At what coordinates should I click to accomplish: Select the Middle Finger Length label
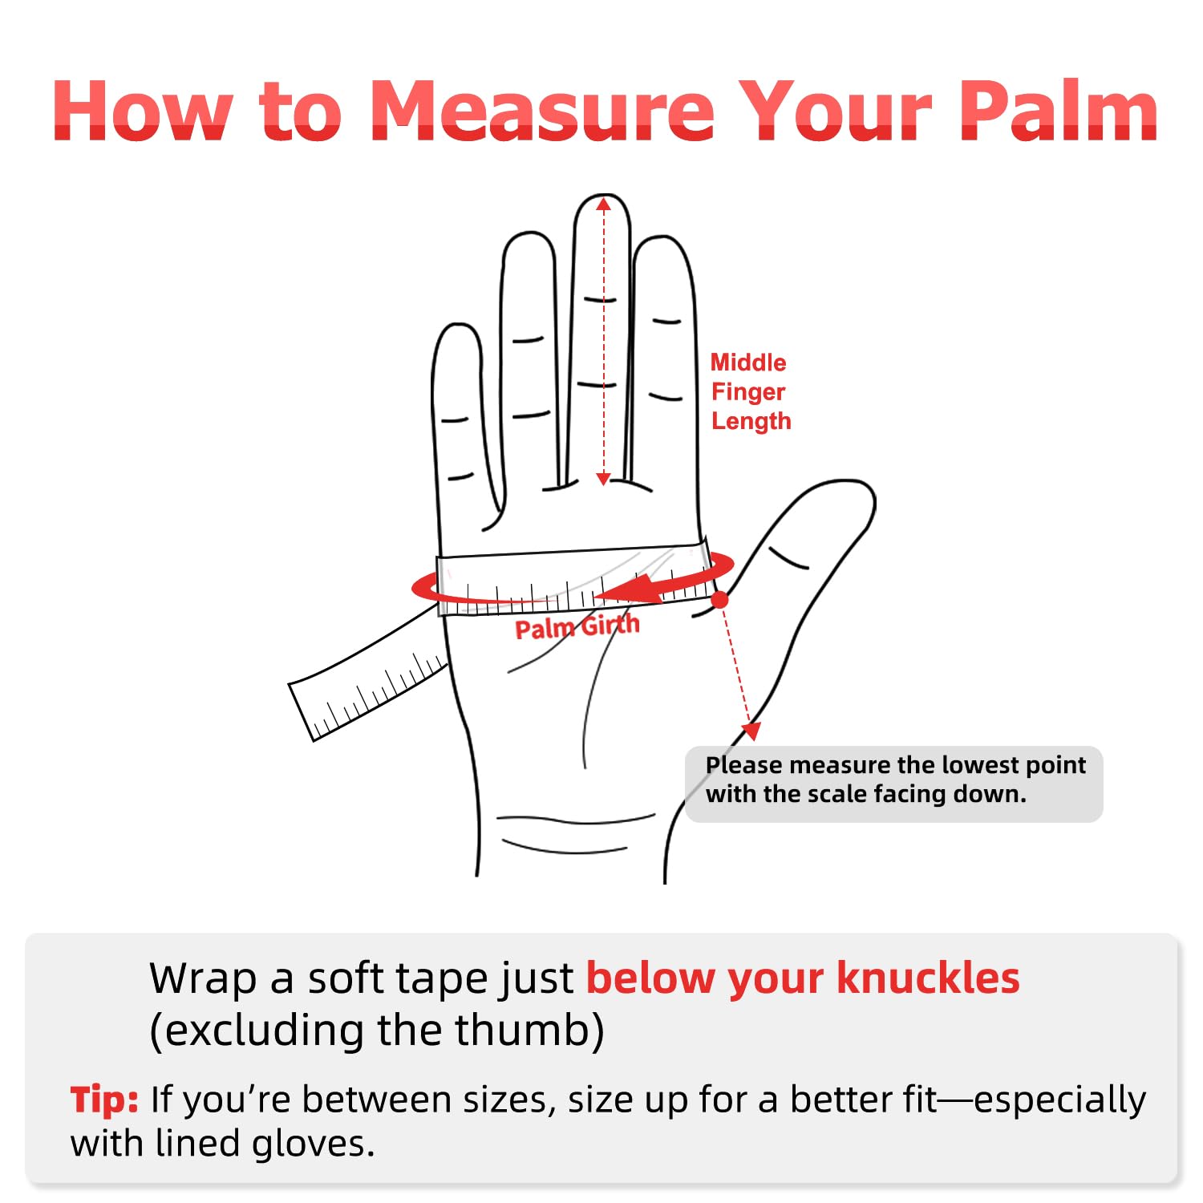(x=751, y=391)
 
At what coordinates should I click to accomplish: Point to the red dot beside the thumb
(x=719, y=599)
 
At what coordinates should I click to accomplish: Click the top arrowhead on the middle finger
(x=603, y=205)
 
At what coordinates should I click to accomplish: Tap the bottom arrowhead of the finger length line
(x=603, y=479)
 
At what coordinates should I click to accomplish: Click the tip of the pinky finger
(x=456, y=324)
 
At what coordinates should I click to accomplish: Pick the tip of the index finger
(x=662, y=237)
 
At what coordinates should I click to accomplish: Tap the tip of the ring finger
(x=529, y=233)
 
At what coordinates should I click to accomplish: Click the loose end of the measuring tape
(x=301, y=711)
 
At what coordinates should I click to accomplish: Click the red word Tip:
(x=104, y=1100)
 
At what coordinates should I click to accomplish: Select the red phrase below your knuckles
(x=803, y=978)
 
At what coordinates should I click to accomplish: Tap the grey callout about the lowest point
(x=893, y=784)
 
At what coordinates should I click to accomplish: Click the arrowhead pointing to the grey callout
(x=751, y=731)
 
